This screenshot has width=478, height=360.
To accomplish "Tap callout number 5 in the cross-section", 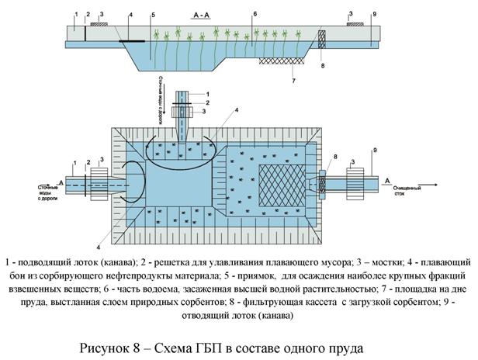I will tap(153, 15).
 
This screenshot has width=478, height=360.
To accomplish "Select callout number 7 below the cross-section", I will tap(293, 80).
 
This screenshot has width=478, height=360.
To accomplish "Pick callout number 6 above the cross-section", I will tap(255, 13).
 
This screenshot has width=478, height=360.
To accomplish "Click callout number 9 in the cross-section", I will tap(374, 14).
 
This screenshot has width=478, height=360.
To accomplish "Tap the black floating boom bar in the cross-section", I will tap(133, 39).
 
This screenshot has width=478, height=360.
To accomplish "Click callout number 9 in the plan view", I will tap(374, 150).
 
